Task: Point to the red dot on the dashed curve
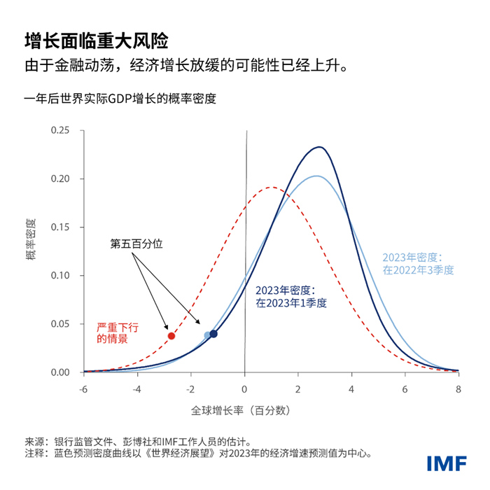click(x=171, y=336)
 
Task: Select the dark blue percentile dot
click(x=213, y=334)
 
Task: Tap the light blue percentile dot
click(x=207, y=335)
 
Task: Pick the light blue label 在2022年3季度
click(x=418, y=269)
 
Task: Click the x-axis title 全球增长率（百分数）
click(x=240, y=409)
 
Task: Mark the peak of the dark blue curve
click(x=319, y=147)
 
